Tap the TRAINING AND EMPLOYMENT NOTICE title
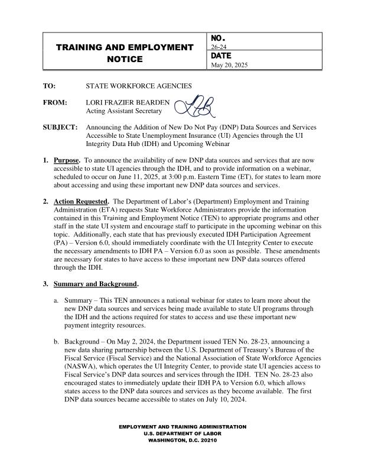tap(125, 53)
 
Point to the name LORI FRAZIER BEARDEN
tap(128, 102)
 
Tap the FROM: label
tap(54, 102)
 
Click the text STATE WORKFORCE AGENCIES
tap(139, 86)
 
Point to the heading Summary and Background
tap(95, 284)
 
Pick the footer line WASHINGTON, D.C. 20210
tap(182, 440)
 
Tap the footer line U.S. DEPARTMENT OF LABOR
tap(182, 433)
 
